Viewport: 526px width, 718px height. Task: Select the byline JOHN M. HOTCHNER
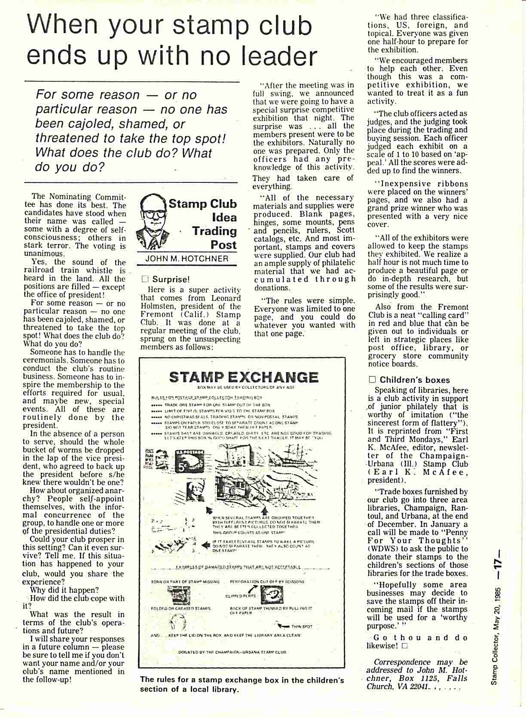tap(187, 259)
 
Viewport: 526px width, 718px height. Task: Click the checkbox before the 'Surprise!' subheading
tap(145, 279)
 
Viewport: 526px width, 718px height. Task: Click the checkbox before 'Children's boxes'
tap(372, 379)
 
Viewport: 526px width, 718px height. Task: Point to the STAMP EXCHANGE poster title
tap(244, 377)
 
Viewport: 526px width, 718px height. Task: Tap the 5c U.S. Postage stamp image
tap(189, 462)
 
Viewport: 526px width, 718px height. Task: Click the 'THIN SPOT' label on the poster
tap(302, 626)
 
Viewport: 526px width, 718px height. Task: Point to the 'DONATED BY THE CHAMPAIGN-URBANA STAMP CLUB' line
tap(232, 652)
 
